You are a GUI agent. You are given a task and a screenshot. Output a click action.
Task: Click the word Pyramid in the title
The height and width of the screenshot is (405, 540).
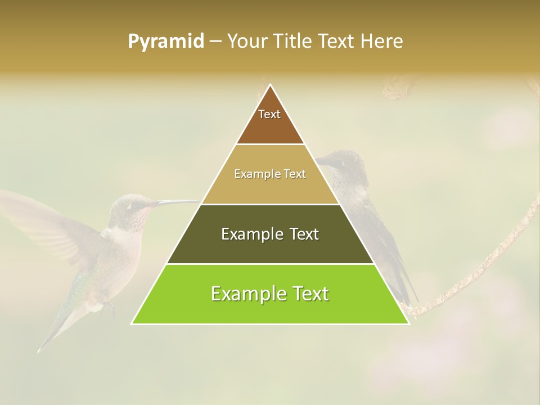click(x=165, y=42)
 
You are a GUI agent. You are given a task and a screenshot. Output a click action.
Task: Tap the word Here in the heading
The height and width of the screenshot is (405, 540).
click(x=382, y=42)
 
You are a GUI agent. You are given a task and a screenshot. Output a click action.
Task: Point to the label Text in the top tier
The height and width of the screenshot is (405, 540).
click(x=269, y=114)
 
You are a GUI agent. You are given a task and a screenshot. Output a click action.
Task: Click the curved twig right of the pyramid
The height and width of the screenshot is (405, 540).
click(x=484, y=264)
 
